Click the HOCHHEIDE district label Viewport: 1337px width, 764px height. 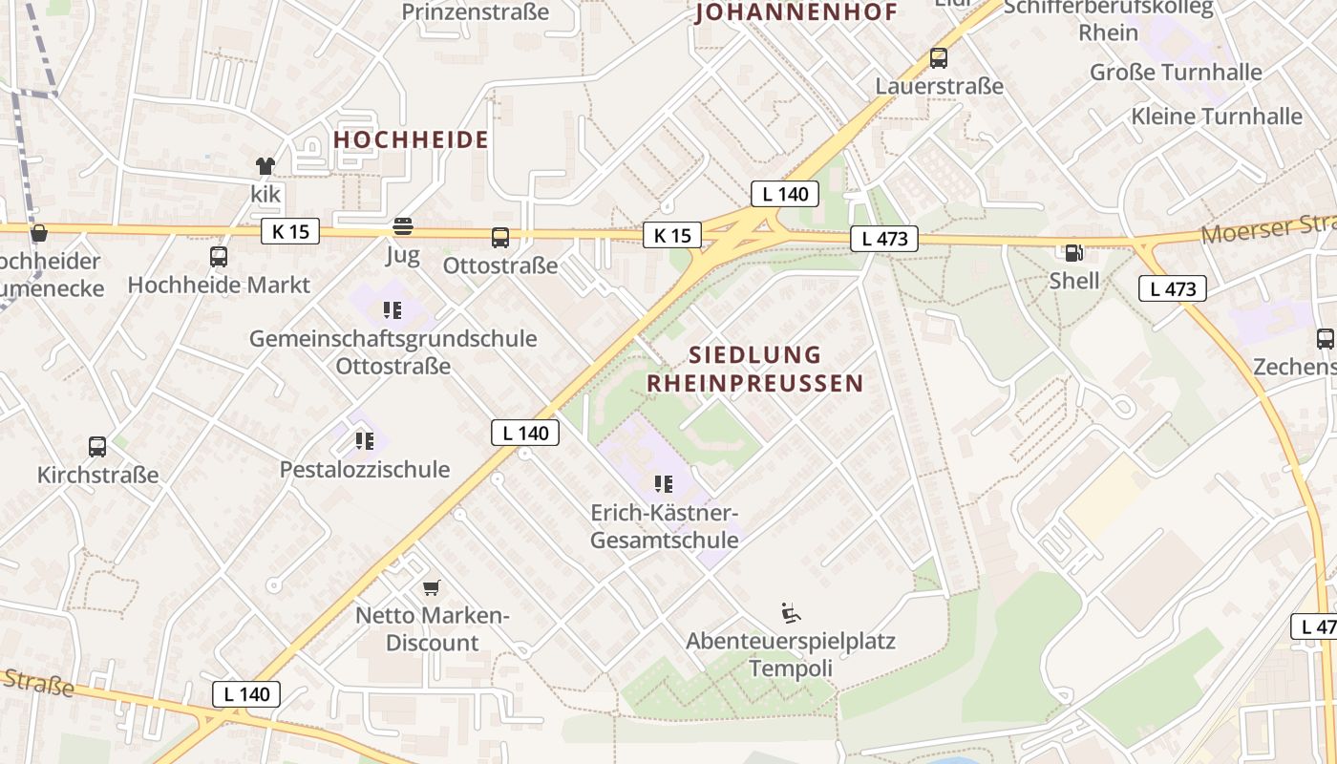tap(411, 139)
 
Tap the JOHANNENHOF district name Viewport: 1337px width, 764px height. tap(797, 12)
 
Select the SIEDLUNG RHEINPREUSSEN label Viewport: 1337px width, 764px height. tap(754, 369)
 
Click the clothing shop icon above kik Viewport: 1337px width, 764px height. tap(265, 166)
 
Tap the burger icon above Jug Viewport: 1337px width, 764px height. tap(403, 227)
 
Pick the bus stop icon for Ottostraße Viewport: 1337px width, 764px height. tap(499, 238)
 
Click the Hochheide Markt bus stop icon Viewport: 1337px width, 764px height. tap(219, 257)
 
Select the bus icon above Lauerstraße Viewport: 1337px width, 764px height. tap(939, 58)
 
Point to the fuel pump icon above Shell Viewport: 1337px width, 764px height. tap(1074, 253)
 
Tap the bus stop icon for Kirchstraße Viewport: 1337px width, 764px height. tap(97, 446)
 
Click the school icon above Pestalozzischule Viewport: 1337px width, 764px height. tap(364, 440)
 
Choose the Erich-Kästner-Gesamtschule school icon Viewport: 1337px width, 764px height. tap(664, 484)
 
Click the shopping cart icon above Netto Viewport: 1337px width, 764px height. tap(432, 586)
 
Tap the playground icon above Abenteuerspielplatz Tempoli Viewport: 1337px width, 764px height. tap(791, 612)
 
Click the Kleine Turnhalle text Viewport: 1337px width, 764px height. tap(1216, 117)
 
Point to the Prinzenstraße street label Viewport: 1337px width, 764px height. tap(476, 12)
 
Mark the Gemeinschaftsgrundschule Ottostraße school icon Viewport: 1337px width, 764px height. tap(392, 309)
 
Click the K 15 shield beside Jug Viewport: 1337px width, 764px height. tap(290, 231)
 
